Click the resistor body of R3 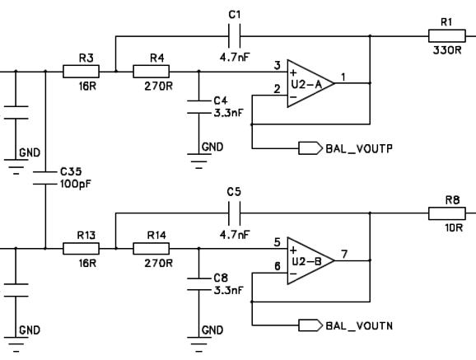click(x=81, y=72)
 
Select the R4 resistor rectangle click(x=152, y=72)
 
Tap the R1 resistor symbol click(x=447, y=36)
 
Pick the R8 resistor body click(x=447, y=213)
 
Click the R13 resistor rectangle click(x=81, y=249)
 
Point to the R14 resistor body click(x=152, y=249)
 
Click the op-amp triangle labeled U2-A click(x=310, y=83)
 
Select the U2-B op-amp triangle click(x=310, y=260)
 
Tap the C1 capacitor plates click(x=235, y=36)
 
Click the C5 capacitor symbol click(x=235, y=213)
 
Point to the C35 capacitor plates click(x=45, y=178)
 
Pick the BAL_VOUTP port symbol click(x=310, y=148)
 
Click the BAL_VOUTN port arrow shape click(x=310, y=325)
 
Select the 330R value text click(x=447, y=50)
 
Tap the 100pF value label click(x=76, y=184)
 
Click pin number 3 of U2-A click(x=278, y=65)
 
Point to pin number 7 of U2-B click(x=344, y=254)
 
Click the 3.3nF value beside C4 click(x=228, y=113)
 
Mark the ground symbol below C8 click(x=198, y=344)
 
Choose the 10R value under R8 click(x=454, y=227)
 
